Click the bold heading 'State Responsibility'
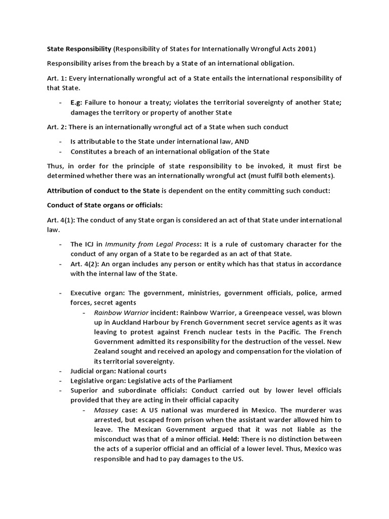79,49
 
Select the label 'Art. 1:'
57,79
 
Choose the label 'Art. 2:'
57,127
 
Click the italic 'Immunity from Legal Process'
145,244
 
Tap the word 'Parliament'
213,381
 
